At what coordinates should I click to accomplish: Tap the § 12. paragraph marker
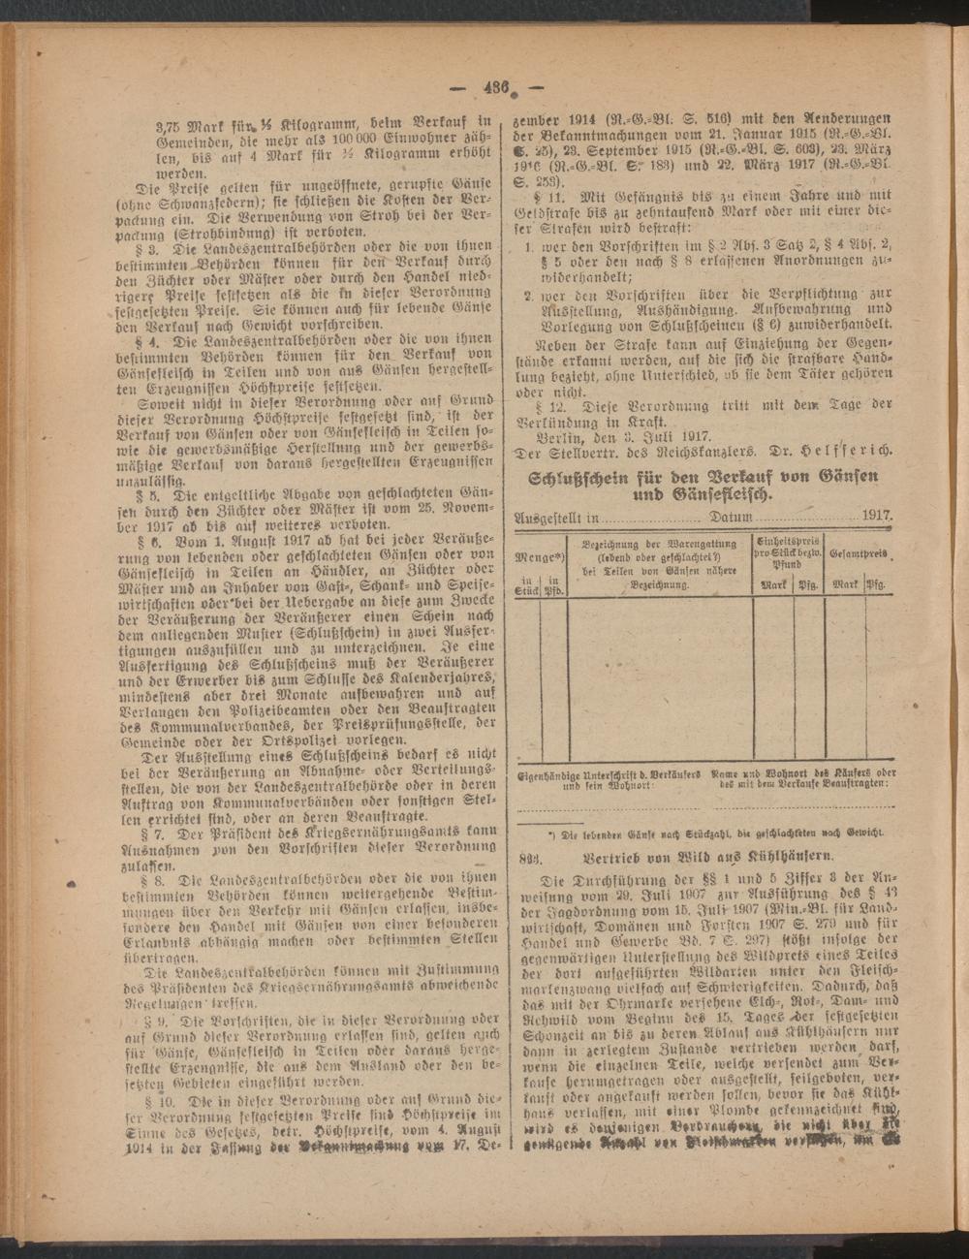(x=536, y=405)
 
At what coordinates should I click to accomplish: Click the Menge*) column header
(x=540, y=557)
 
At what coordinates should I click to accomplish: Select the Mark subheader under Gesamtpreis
(x=844, y=584)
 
